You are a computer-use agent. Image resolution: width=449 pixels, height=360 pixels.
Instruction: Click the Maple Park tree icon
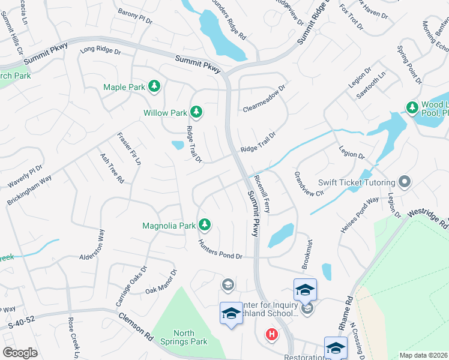(154, 87)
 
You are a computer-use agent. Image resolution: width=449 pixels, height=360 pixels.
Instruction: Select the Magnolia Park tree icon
(205, 225)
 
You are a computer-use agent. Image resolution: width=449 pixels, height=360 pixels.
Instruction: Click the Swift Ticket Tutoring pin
(405, 182)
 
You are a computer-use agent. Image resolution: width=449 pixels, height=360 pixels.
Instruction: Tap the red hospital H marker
(272, 334)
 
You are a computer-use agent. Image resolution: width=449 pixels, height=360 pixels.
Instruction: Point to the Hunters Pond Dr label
(220, 250)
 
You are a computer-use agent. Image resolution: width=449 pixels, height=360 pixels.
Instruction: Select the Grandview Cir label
(309, 184)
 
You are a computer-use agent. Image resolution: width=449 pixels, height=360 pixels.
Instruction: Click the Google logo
(20, 353)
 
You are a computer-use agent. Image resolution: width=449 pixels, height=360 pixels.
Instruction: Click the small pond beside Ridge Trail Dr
(177, 145)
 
